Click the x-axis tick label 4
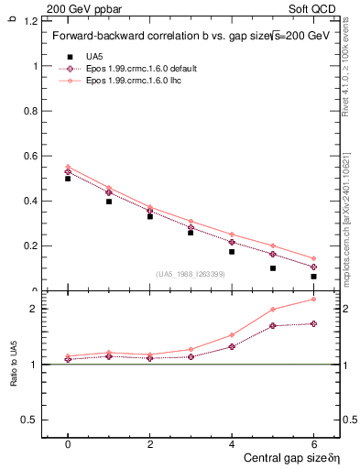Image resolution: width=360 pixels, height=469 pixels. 232,444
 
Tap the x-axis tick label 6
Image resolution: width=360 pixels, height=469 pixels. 313,444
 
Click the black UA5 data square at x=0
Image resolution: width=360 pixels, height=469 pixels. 68,179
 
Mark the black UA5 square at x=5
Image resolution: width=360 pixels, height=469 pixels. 273,268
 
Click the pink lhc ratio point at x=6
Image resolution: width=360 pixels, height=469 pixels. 313,299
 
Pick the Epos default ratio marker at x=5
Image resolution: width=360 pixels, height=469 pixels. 273,325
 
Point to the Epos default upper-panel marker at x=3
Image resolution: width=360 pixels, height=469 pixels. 191,227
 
